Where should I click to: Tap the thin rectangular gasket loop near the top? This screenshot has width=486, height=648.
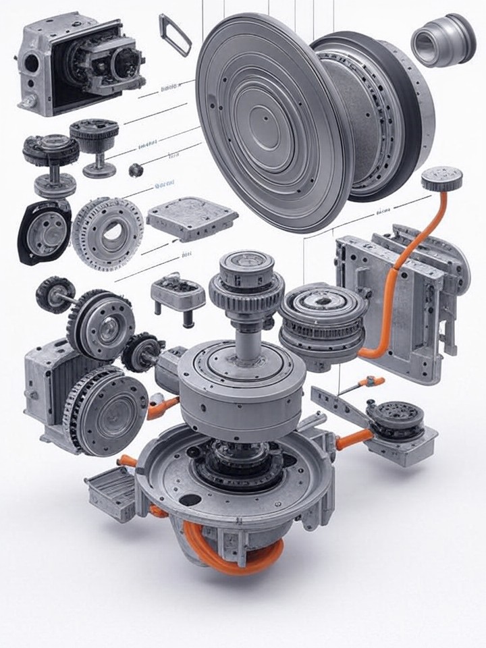point(175,34)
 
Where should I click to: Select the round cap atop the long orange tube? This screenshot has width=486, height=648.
point(441,179)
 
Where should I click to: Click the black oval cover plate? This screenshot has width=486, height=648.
point(45,231)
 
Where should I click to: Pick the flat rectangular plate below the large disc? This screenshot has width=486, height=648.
point(192,218)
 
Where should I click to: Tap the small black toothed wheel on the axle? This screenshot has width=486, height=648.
point(54,294)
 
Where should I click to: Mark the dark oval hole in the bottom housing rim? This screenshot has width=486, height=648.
point(191,501)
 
